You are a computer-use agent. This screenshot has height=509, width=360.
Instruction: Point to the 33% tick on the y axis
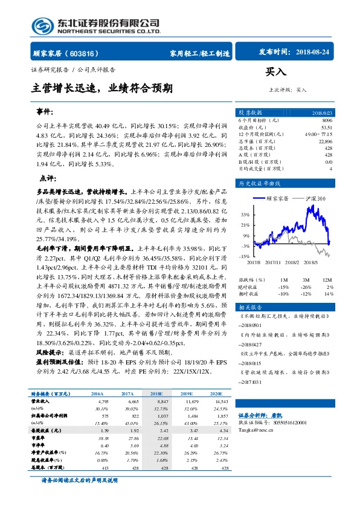pos(245,214)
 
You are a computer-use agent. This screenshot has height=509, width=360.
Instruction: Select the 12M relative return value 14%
pos(329,293)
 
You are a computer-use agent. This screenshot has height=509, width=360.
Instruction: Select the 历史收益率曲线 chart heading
pos(260,183)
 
